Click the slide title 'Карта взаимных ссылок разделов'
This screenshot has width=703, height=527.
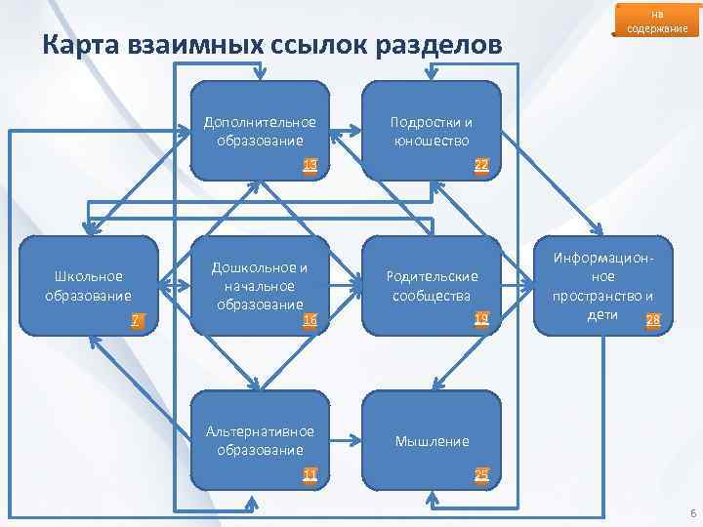273,46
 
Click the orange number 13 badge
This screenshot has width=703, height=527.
310,165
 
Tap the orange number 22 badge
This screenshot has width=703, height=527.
481,165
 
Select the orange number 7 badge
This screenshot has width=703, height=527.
138,320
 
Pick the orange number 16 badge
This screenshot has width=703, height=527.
310,319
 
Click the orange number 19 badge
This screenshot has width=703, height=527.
481,319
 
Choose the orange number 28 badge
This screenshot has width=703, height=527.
653,319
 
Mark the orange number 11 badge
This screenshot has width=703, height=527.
310,475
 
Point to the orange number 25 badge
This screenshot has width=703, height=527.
481,475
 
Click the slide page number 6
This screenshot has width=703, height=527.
691,513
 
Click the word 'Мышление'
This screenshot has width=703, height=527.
431,441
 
